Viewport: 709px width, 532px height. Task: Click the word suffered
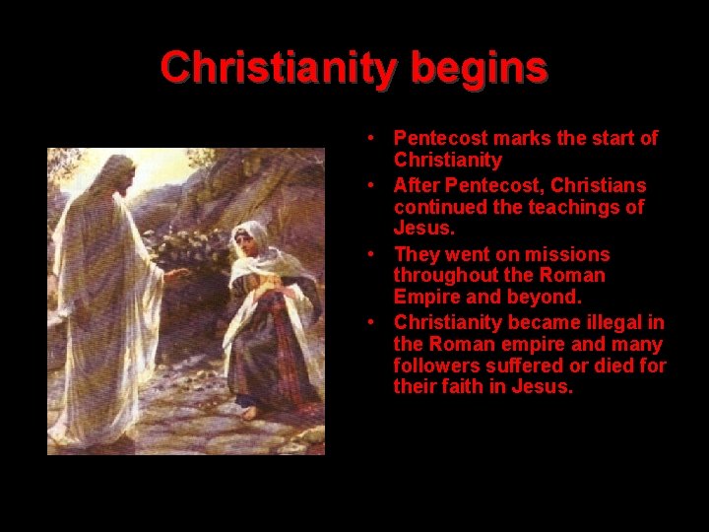point(527,366)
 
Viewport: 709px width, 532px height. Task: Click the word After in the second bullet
point(418,184)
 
